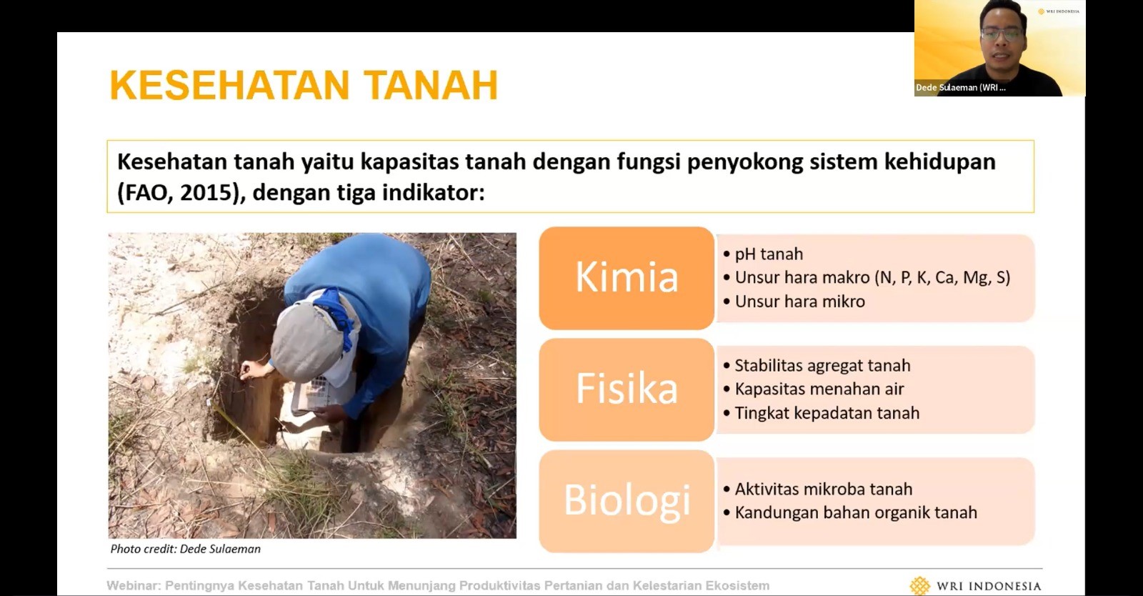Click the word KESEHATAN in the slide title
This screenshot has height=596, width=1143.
click(x=229, y=85)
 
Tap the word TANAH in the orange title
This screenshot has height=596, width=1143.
click(x=431, y=85)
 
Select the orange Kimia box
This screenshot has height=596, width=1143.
click(x=627, y=278)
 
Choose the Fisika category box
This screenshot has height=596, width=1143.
click(x=627, y=389)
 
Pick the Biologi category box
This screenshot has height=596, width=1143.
click(x=627, y=500)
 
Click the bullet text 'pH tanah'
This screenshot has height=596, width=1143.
click(x=769, y=254)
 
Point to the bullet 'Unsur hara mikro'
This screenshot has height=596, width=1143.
click(x=799, y=302)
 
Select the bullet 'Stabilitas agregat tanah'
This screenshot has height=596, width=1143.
click(x=822, y=365)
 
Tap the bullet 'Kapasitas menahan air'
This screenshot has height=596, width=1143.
click(x=819, y=389)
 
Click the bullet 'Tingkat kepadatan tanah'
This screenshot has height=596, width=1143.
click(x=827, y=413)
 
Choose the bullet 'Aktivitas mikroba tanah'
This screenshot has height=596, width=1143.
click(x=823, y=489)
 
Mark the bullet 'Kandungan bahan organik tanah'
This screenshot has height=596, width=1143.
click(x=856, y=512)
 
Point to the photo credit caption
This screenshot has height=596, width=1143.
click(x=186, y=549)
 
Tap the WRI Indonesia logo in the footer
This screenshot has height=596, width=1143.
click(x=975, y=586)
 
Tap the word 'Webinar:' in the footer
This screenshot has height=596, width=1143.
click(x=134, y=586)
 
